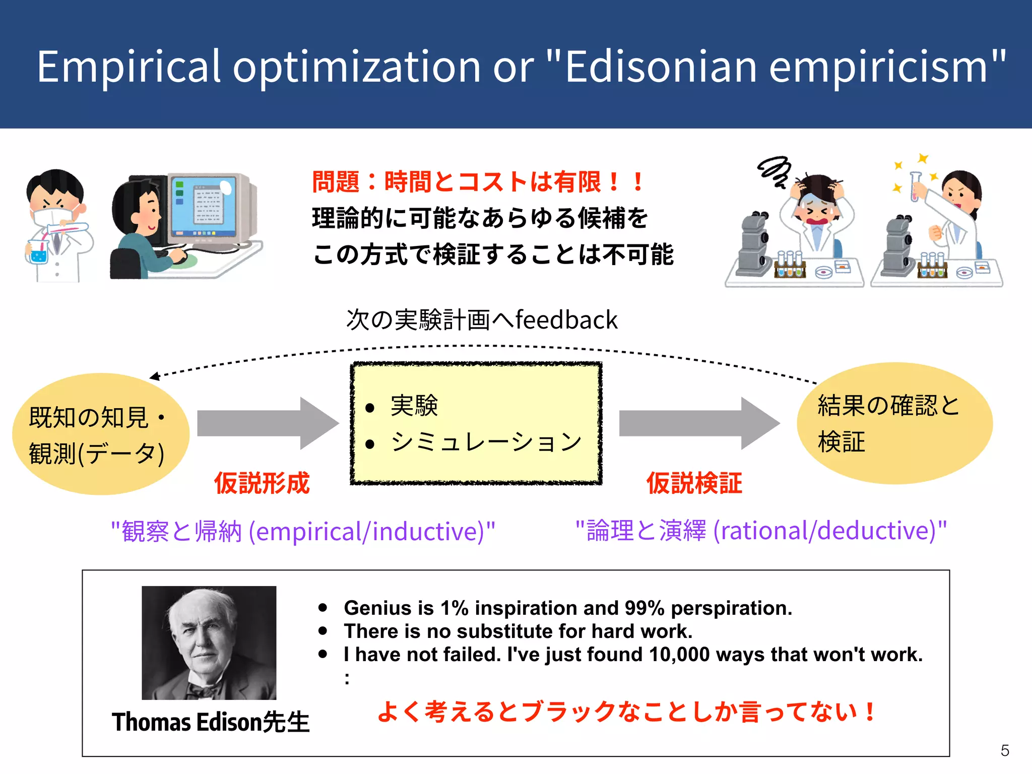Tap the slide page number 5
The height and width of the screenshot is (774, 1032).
(1005, 751)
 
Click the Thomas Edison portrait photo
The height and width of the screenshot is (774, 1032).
(209, 642)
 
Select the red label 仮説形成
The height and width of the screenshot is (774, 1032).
(262, 483)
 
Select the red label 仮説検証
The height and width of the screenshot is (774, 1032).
(694, 483)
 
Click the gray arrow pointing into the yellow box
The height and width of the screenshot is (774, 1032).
(267, 423)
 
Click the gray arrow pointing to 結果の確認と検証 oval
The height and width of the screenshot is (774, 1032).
(698, 423)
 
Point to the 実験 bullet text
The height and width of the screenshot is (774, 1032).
(414, 406)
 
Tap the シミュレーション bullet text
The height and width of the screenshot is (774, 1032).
(486, 442)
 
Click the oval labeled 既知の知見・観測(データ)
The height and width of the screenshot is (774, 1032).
(101, 434)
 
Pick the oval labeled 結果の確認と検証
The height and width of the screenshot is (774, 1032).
(894, 423)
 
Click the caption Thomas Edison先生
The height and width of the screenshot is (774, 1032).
(211, 722)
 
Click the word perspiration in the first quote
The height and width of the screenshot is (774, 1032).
(731, 608)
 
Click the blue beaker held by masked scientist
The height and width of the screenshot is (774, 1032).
(38, 252)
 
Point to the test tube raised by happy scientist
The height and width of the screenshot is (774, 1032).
(915, 186)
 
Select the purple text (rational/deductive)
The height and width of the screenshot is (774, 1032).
(829, 531)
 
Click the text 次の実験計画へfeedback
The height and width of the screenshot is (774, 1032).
(481, 320)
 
